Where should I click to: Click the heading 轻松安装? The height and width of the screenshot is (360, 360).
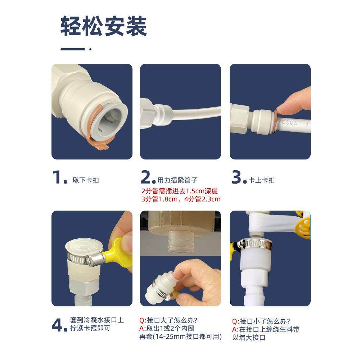[x=104, y=26]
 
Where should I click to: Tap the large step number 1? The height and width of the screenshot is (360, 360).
[x=57, y=177]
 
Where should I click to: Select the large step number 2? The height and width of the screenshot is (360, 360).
[x=146, y=177]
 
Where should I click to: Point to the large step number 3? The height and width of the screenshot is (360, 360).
[x=237, y=177]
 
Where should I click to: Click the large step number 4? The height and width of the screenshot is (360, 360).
[x=57, y=325]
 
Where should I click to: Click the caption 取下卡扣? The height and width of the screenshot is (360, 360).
[x=86, y=180]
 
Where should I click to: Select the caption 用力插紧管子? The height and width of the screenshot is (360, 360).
[x=177, y=180]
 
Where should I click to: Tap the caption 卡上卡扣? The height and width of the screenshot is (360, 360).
[x=261, y=180]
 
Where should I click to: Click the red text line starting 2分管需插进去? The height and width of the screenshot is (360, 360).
[x=180, y=191]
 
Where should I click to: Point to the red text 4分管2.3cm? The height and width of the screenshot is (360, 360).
[x=202, y=199]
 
